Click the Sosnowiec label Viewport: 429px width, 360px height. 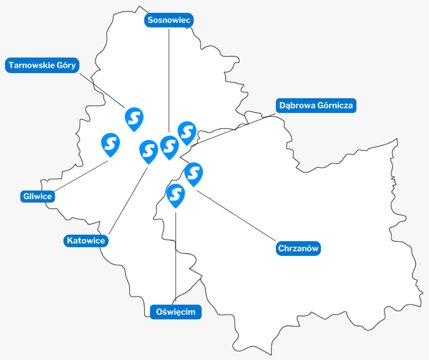(x=169, y=21)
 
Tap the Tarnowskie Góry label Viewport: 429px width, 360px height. (x=42, y=65)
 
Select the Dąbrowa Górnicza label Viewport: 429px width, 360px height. (x=316, y=106)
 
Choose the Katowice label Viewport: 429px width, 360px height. (x=86, y=240)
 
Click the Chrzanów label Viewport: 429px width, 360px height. (x=298, y=249)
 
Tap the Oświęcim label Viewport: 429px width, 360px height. (x=176, y=312)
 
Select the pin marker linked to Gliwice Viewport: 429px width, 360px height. (x=110, y=143)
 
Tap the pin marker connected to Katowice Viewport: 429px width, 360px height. (x=148, y=150)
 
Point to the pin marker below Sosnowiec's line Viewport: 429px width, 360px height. (x=169, y=146)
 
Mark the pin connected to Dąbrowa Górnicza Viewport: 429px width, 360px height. (x=187, y=132)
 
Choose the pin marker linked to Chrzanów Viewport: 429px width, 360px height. (x=194, y=173)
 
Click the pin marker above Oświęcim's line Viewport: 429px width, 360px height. (x=176, y=194)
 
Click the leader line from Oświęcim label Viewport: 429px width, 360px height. (x=176, y=256)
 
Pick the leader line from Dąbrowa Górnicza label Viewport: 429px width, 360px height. (x=237, y=128)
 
